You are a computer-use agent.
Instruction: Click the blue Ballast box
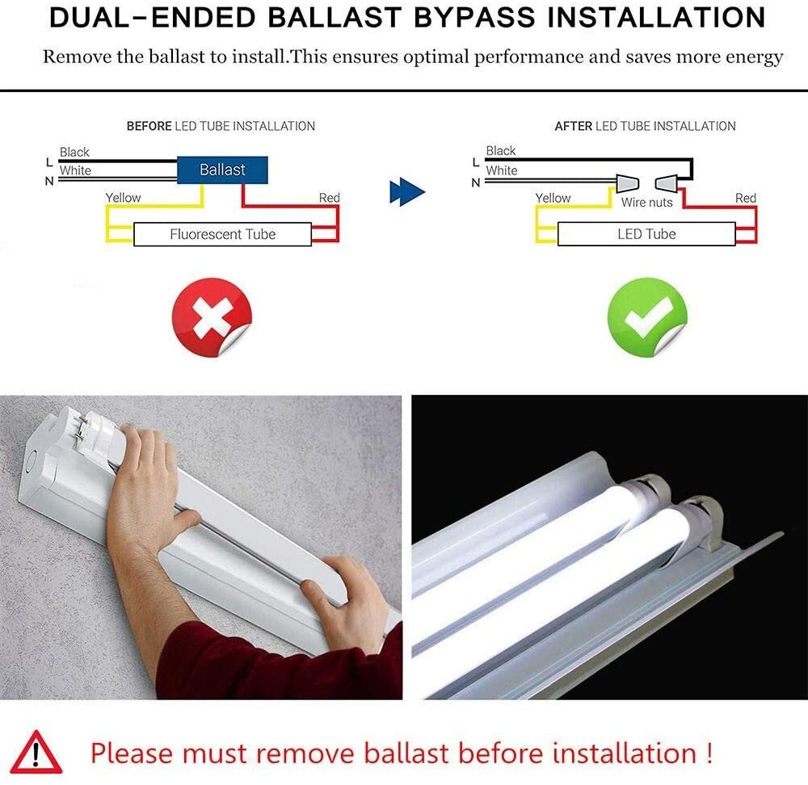222,170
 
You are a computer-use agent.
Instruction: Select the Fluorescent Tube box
222,234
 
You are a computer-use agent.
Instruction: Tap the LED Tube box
646,234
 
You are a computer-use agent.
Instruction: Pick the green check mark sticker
646,318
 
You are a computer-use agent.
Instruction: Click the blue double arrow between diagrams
406,192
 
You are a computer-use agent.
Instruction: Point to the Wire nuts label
646,203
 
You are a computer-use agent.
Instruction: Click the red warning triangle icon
36,753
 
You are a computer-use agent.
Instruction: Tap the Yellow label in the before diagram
123,198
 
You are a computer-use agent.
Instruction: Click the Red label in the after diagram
745,198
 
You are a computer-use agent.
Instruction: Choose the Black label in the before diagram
74,152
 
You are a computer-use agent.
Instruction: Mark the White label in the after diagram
501,170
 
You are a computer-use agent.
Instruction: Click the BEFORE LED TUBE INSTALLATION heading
221,126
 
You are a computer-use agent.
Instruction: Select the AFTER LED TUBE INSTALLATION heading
645,126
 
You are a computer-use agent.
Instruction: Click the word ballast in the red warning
405,753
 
